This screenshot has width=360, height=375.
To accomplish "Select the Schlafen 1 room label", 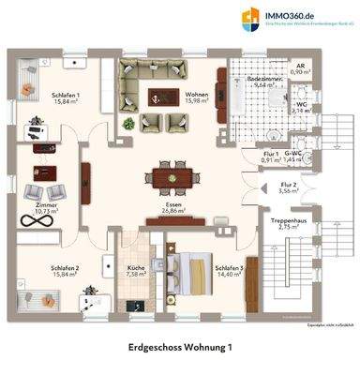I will [x=65, y=96].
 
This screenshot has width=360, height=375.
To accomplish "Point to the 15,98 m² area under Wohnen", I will [x=196, y=101].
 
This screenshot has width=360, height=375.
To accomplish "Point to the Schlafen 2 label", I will [x=65, y=269].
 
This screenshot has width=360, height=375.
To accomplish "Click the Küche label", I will [x=136, y=269].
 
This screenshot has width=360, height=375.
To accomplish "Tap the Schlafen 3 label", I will [x=230, y=269].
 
